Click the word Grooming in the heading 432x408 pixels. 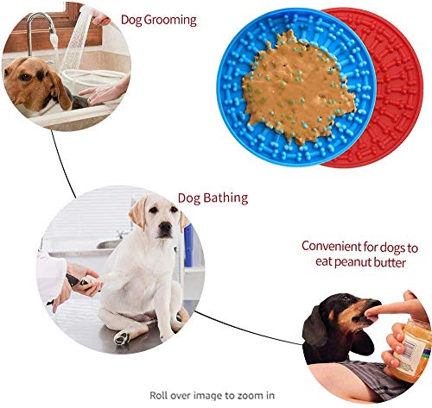(x=169, y=21)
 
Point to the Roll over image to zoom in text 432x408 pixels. (x=212, y=395)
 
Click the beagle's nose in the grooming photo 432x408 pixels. (x=8, y=73)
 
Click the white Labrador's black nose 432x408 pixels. (x=165, y=227)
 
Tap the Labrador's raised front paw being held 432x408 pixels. (x=92, y=282)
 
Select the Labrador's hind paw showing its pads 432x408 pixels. (x=123, y=337)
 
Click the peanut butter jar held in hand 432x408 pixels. (x=412, y=349)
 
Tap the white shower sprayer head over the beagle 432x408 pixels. (x=76, y=36)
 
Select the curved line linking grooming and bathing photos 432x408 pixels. (x=62, y=165)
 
